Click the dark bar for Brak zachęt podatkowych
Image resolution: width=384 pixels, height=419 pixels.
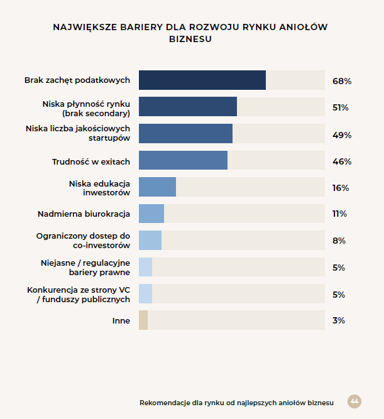202,80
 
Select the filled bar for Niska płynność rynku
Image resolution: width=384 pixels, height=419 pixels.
188,107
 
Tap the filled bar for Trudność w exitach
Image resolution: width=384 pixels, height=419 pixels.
183,160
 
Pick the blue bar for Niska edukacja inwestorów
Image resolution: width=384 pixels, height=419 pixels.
157,187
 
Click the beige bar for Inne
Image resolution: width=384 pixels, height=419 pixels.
143,320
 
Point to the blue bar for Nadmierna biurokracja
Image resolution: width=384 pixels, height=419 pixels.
151,214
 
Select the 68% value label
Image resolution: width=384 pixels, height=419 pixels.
342,81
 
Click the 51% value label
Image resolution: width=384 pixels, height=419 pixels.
341,107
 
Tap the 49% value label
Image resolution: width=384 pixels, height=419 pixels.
342,135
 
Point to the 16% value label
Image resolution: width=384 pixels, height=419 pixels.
341,188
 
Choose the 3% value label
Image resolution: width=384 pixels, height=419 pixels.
339,320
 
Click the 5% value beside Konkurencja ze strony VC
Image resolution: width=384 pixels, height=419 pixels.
339,295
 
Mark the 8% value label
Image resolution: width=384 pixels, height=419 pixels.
339,241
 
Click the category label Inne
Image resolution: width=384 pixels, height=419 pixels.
121,320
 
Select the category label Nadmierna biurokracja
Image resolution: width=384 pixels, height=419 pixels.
84,214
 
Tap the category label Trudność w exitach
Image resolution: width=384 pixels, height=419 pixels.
91,161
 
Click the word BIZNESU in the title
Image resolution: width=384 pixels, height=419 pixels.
190,39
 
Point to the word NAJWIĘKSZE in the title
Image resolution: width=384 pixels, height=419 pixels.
85,27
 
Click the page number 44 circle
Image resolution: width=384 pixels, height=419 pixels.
354,401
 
